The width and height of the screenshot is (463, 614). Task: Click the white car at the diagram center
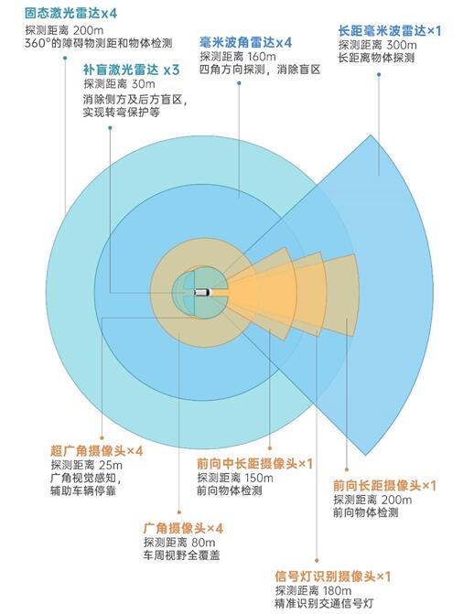[x=202, y=292]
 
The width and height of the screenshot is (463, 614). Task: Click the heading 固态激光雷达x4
[x=70, y=14]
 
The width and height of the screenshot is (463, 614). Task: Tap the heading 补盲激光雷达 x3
[x=131, y=70]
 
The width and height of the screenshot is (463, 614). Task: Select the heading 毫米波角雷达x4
[x=245, y=42]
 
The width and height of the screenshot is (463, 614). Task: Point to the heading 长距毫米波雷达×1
[x=390, y=31]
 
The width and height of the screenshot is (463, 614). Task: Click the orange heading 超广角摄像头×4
[x=97, y=451]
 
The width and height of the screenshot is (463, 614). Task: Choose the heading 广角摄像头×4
[x=183, y=528]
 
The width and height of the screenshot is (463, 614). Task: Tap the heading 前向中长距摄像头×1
[x=255, y=464]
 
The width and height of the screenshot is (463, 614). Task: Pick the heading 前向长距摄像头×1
[x=384, y=486]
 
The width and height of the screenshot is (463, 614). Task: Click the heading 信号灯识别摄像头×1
[x=333, y=576]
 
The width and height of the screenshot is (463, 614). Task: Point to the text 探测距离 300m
[x=378, y=45]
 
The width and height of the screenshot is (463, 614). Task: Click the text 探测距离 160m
[x=238, y=57]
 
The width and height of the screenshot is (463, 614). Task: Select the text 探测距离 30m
[x=119, y=84]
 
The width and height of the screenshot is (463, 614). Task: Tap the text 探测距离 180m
[x=313, y=590]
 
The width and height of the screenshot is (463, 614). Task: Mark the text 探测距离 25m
[x=87, y=465]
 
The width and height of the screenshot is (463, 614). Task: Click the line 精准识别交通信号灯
[x=324, y=603]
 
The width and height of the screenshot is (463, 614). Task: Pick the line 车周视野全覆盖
[x=181, y=555]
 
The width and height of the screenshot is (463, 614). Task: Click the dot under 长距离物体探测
[x=379, y=74]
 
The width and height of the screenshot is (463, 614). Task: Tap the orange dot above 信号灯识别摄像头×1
[x=317, y=561]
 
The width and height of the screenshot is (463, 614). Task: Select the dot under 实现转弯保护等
[x=110, y=128]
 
